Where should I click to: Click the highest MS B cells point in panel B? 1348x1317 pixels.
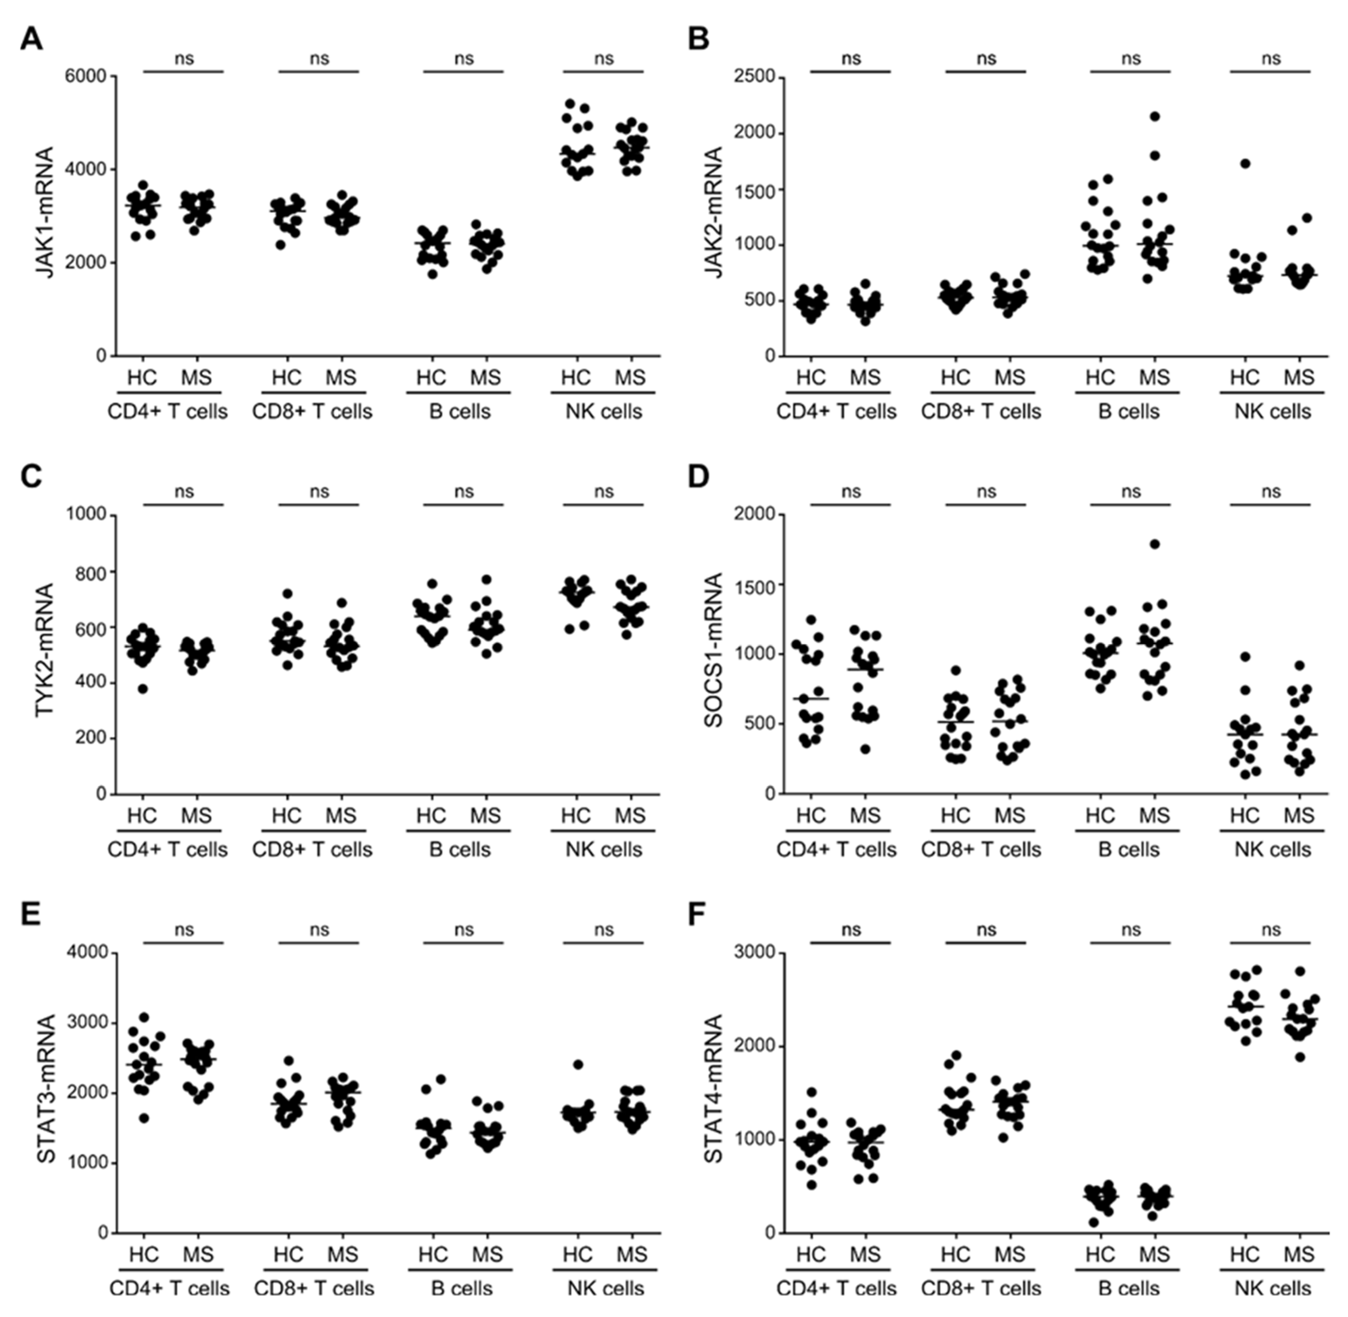click(x=1154, y=116)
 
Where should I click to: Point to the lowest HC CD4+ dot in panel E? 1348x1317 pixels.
click(x=144, y=1119)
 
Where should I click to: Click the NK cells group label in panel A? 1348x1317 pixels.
click(x=603, y=412)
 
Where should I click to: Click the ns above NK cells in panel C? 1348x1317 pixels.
click(x=603, y=492)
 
